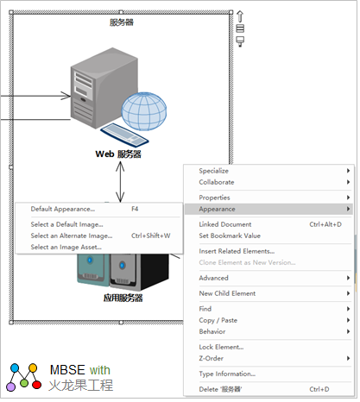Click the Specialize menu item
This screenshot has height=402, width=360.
[214, 171]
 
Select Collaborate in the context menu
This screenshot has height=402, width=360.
[217, 182]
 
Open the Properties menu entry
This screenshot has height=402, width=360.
[215, 198]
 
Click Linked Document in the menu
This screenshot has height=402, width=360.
[225, 224]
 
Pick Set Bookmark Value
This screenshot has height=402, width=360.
[230, 236]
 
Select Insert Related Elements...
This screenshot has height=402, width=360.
[237, 252]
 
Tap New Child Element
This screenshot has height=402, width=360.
[227, 293]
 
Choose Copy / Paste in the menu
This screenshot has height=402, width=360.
[218, 321]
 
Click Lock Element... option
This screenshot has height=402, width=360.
[221, 348]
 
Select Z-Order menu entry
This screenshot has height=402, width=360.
[212, 359]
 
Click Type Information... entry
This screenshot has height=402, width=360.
[227, 374]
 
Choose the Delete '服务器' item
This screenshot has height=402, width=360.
[220, 390]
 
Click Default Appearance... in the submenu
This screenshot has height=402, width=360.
[63, 210]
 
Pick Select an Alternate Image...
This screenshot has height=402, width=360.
[72, 236]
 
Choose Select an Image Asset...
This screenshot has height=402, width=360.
[66, 248]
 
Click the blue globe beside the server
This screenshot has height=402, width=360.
[144, 111]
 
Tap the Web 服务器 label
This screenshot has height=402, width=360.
[118, 154]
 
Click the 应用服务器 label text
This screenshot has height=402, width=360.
[123, 298]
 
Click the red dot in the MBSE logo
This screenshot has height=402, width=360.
[36, 385]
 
